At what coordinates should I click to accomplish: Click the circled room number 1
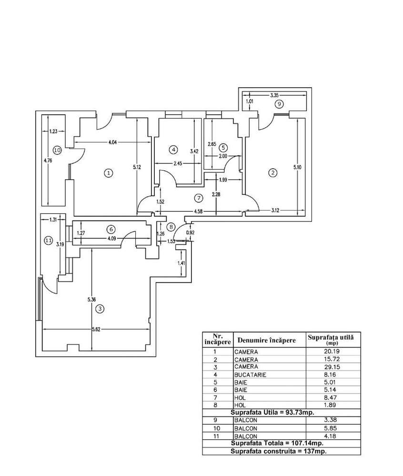tap(108, 173)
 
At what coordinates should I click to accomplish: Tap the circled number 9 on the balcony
tap(279, 104)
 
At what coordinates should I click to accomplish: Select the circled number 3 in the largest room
tap(100, 309)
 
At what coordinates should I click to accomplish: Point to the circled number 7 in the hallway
tap(199, 198)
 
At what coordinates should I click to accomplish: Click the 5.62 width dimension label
tap(96, 329)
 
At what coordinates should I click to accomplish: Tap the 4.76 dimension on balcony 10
tap(48, 161)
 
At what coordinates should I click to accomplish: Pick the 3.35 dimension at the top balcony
tap(274, 95)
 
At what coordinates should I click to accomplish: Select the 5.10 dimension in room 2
tap(297, 167)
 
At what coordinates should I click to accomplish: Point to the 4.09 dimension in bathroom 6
tap(111, 239)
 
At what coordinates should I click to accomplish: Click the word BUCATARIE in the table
tap(250, 375)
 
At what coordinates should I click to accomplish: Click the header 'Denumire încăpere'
tap(266, 340)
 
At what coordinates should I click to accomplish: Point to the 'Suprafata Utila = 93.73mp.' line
tap(272, 413)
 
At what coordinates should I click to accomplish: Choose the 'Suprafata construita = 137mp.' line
tap(279, 451)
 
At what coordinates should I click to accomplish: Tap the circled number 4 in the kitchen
tap(173, 150)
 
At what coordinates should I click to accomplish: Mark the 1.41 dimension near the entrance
tap(181, 263)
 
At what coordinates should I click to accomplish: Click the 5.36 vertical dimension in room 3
tap(91, 300)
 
